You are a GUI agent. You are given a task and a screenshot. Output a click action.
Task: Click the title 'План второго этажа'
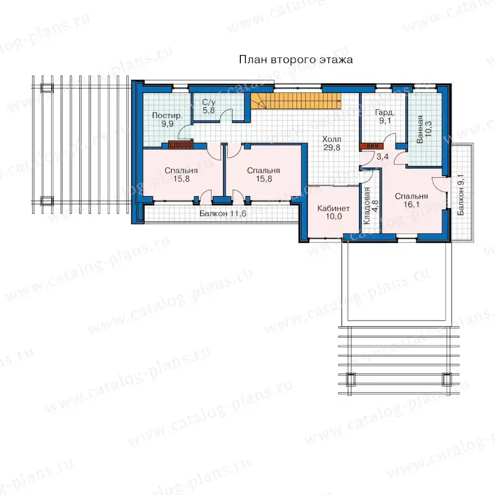click(296, 59)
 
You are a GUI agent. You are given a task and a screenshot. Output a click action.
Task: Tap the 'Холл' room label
click(332, 139)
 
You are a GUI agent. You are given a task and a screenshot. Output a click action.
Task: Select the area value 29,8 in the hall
click(332, 147)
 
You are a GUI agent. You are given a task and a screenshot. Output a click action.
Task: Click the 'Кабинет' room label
click(333, 208)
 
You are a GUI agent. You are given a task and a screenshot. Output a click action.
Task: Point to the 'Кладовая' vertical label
click(367, 206)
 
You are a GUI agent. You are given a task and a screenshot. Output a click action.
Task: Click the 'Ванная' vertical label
click(420, 129)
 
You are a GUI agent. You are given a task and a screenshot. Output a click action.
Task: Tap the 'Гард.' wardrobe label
click(385, 113)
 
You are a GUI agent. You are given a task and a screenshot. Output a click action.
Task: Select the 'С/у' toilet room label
click(208, 102)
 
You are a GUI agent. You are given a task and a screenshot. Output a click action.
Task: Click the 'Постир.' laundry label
click(167, 116)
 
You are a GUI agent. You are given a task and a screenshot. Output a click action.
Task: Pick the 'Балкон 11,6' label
click(223, 214)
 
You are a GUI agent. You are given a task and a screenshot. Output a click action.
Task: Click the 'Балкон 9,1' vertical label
click(461, 195)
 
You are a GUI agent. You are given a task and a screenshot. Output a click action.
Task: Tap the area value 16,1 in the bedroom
click(411, 205)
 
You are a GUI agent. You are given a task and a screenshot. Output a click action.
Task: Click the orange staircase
click(296, 101)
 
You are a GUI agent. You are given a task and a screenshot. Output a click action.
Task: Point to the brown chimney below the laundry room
click(180, 145)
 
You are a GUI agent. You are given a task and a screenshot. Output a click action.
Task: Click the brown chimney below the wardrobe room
click(371, 146)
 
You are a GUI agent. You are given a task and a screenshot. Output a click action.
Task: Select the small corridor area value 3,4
click(382, 156)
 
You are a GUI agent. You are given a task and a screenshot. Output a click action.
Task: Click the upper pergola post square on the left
click(47, 88)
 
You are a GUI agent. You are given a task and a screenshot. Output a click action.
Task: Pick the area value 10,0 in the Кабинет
click(334, 217)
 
